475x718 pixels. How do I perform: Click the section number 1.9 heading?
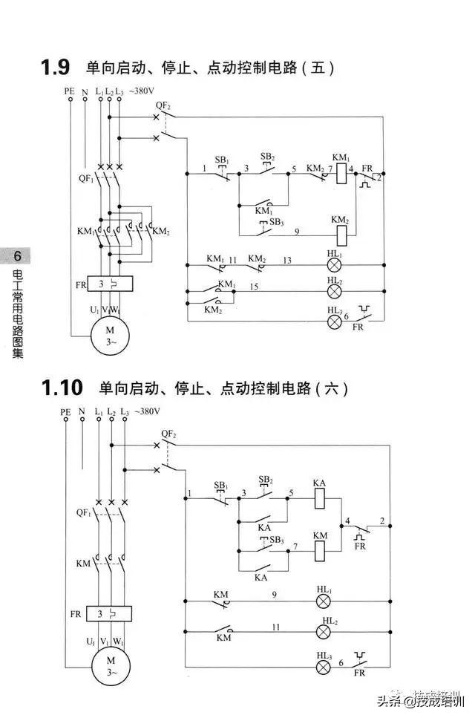point(55,68)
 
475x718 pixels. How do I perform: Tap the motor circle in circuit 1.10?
point(109,665)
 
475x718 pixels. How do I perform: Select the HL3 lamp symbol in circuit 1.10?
point(324,667)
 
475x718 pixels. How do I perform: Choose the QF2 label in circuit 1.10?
point(168,434)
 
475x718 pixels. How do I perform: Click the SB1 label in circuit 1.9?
point(221,160)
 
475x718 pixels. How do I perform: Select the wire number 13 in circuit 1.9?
point(287,260)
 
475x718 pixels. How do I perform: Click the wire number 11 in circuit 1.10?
point(275,627)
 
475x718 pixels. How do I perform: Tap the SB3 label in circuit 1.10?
point(276,539)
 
